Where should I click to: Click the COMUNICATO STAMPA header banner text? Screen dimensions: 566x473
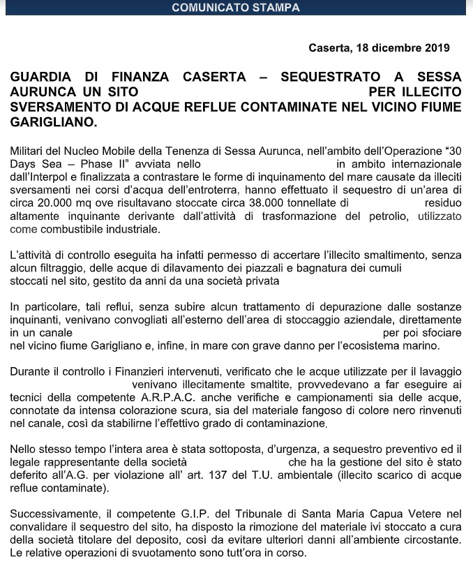coord(236,8)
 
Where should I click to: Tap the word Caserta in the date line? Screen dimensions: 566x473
coord(331,48)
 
